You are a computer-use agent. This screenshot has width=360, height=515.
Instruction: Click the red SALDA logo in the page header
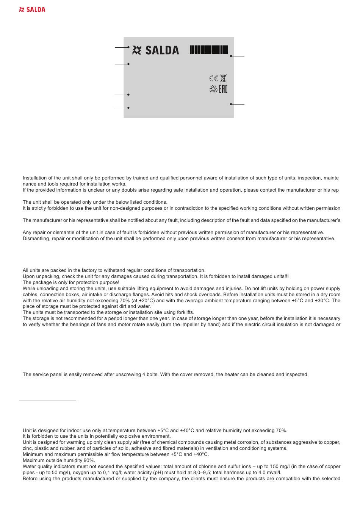[32, 9]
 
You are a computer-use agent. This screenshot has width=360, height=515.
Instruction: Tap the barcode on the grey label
[209, 50]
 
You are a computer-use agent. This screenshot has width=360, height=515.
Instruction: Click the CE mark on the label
[213, 78]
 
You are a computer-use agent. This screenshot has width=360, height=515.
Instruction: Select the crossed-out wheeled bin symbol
[223, 78]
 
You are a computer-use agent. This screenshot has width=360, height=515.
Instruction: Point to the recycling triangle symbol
[213, 89]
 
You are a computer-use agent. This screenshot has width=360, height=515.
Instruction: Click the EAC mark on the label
[223, 89]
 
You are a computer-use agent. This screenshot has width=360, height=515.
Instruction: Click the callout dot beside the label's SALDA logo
[128, 47]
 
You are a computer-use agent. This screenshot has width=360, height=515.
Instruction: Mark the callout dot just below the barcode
[231, 56]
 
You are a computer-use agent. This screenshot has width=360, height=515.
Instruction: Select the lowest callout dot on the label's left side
[128, 108]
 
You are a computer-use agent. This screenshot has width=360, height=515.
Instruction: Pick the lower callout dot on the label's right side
[231, 104]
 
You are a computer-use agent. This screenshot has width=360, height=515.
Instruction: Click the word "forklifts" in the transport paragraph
[185, 312]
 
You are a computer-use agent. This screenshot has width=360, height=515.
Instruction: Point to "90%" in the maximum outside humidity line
[89, 460]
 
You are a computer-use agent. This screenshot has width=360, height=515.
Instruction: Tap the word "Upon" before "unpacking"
[28, 276]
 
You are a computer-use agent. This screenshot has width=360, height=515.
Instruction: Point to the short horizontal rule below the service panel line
[47, 400]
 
